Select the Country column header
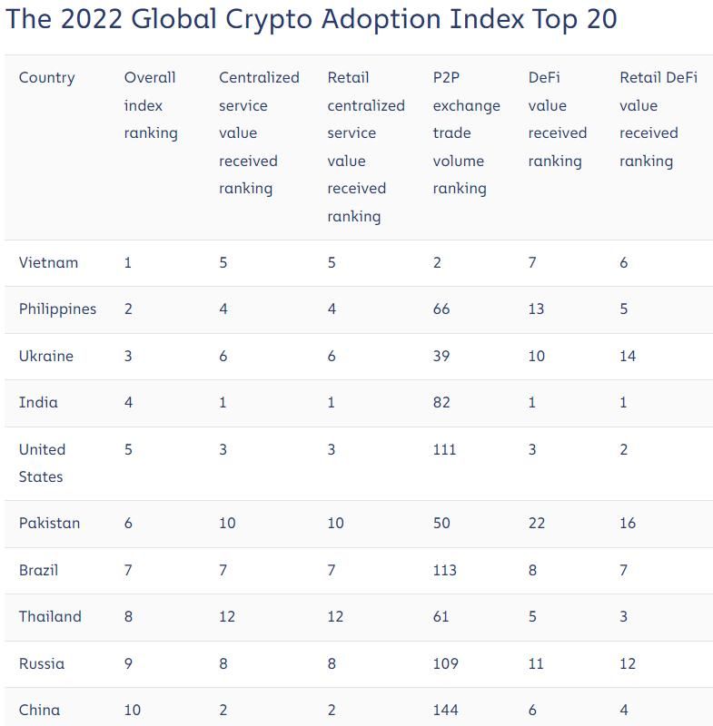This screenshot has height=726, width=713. click(x=46, y=78)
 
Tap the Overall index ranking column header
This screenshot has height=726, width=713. click(x=151, y=105)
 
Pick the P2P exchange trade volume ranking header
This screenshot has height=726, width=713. click(x=466, y=132)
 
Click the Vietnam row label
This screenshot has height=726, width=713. click(x=48, y=263)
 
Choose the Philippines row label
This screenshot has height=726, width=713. click(x=57, y=309)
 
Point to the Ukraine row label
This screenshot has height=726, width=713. click(x=45, y=356)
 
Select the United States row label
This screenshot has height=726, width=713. click(x=42, y=463)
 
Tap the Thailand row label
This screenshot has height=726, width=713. click(x=50, y=617)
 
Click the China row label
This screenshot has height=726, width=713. click(x=39, y=710)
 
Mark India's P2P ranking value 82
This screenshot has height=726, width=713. click(x=441, y=402)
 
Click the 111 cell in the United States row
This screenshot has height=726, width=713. click(x=444, y=449)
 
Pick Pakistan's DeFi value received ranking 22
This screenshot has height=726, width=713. click(x=536, y=524)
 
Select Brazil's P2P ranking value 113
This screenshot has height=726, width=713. click(x=444, y=571)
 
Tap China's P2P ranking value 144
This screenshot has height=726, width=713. click(x=445, y=710)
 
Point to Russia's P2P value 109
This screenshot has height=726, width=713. click(x=445, y=663)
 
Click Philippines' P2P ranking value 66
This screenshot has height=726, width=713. click(x=441, y=309)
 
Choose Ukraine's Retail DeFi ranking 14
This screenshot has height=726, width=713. click(x=628, y=356)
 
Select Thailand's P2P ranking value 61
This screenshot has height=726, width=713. click(x=441, y=617)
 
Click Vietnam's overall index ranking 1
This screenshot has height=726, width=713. click(x=128, y=263)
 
